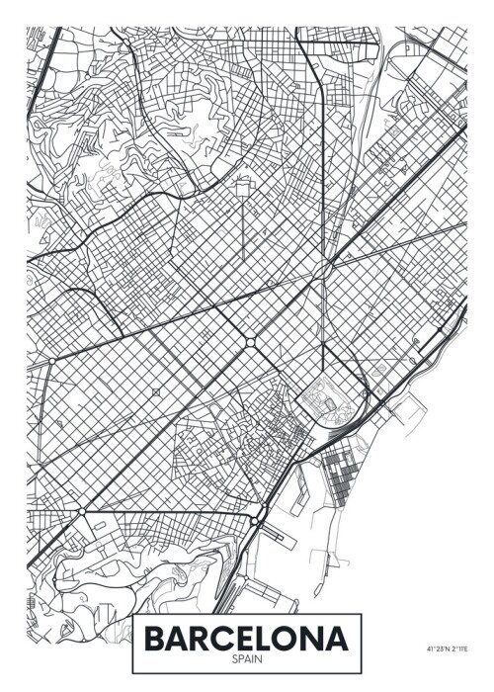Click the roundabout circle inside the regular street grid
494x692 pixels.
pos(249,342)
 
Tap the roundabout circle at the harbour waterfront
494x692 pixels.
pos(256,521)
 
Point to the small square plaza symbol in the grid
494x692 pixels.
pos(156,393)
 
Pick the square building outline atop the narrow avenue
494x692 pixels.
pos(242,184)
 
